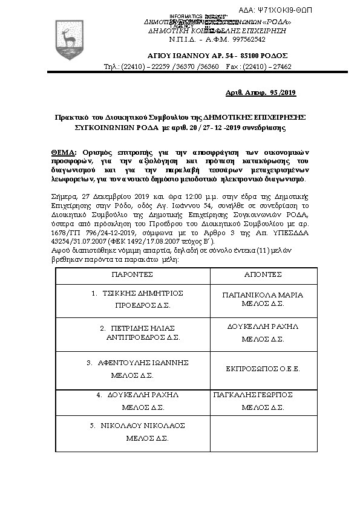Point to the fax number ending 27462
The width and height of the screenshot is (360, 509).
pyautogui.click(x=279, y=66)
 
